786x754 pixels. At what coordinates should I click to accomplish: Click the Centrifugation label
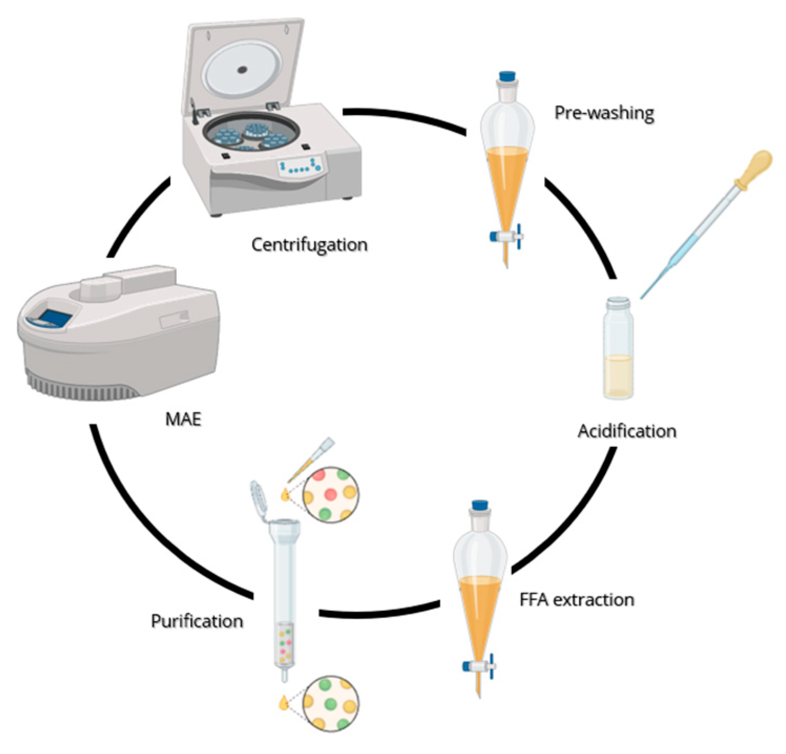309,245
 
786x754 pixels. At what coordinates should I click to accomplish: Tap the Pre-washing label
604,113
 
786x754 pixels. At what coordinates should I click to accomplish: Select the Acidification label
627,431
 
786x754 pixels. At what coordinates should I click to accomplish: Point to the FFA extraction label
577,599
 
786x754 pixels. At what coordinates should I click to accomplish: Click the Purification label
197,621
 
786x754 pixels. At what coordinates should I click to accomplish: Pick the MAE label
183,419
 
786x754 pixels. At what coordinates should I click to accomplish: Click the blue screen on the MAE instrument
55,317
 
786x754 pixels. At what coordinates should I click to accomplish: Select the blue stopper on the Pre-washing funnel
507,77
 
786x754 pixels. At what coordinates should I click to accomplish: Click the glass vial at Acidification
619,349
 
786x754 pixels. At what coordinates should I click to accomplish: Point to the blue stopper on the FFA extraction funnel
480,506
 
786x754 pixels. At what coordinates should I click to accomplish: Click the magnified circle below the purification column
331,703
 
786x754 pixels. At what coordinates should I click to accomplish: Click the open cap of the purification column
260,499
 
